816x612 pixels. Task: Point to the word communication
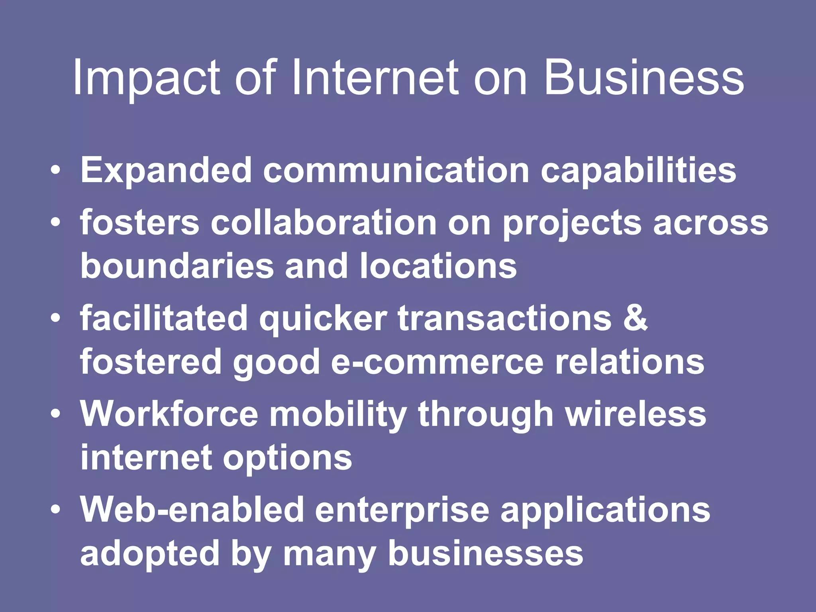pos(396,171)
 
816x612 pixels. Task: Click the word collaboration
pos(323,223)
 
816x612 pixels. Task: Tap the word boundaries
pos(177,266)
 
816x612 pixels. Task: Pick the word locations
pos(438,266)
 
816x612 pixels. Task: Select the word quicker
pos(323,319)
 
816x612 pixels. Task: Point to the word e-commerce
pos(437,362)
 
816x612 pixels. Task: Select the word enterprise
pos(402,510)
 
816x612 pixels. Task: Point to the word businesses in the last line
pos(485,553)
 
